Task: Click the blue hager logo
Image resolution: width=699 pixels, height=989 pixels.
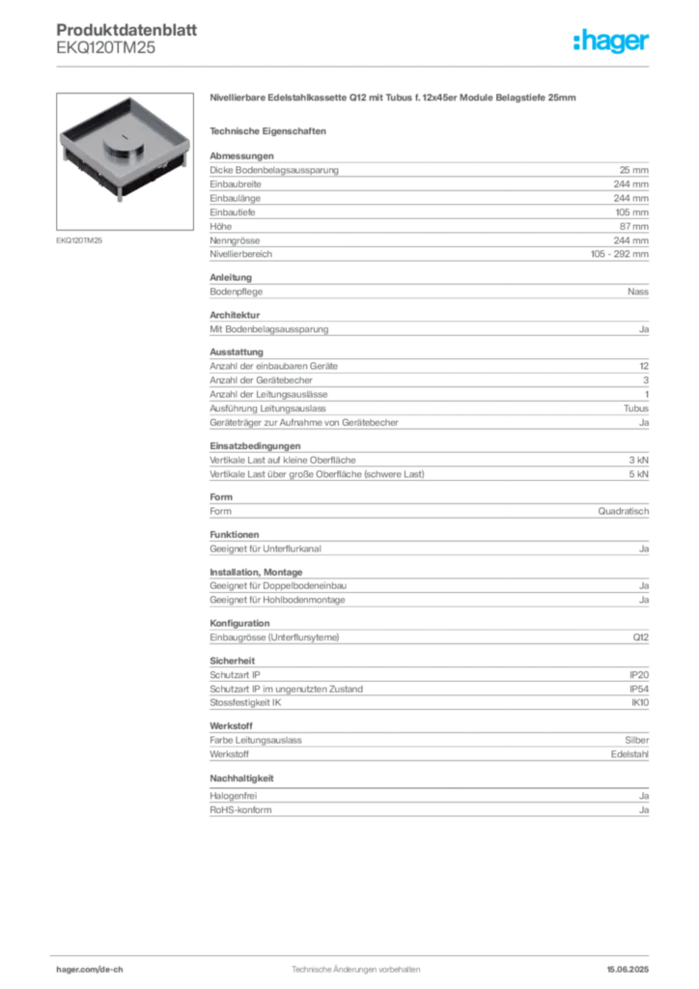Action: (613, 42)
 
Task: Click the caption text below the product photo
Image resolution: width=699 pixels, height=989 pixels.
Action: (80, 240)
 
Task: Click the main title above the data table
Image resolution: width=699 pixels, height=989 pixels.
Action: (393, 99)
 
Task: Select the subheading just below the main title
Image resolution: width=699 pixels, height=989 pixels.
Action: (270, 129)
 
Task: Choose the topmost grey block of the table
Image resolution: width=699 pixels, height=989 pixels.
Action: (428, 206)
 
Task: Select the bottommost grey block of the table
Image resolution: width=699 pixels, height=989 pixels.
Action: (428, 805)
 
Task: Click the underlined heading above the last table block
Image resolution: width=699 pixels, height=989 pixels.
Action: (243, 777)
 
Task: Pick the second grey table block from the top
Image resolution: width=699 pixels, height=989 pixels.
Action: (428, 287)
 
